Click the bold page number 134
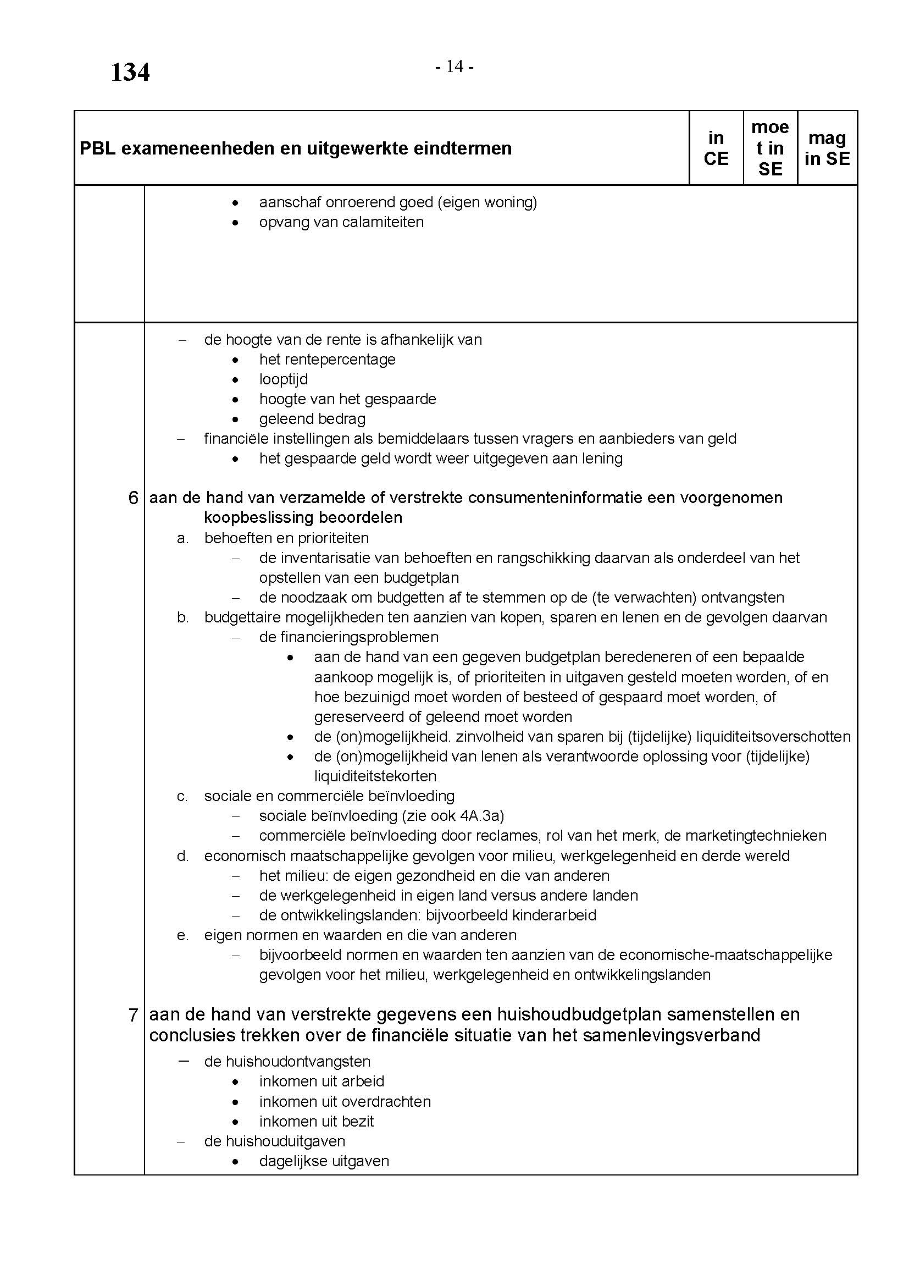[130, 73]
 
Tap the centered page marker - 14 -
[454, 67]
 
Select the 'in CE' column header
[716, 148]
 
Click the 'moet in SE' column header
[770, 148]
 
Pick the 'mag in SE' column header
[827, 148]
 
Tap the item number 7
[133, 1014]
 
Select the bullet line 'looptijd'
[283, 379]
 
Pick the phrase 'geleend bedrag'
[312, 419]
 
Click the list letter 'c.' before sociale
[182, 796]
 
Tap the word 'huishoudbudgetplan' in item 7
[528, 1014]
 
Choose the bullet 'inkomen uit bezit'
[316, 1121]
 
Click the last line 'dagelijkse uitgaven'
[324, 1161]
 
